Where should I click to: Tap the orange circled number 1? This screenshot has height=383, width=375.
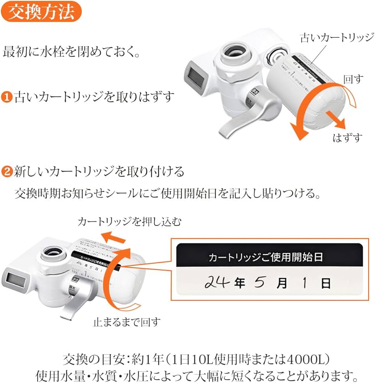8,97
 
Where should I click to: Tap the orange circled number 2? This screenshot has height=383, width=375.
8,172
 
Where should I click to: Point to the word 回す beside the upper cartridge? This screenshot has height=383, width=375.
353,80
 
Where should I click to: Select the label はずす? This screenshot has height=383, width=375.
347,138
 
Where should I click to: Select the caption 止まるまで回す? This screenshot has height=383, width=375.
126,322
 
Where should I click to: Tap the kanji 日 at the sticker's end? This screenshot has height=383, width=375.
326,284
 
